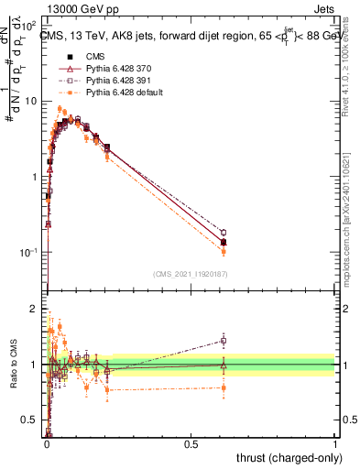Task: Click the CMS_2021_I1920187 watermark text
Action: point(190,274)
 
